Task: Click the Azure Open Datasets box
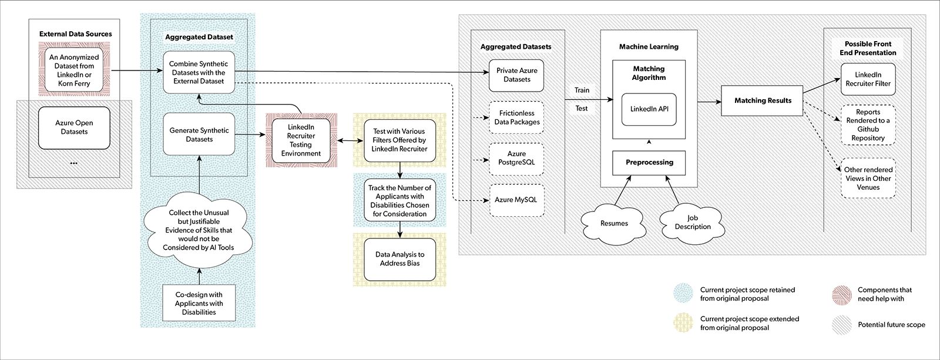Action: (x=74, y=127)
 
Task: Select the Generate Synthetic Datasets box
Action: (x=199, y=134)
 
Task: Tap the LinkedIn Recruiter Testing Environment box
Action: (x=301, y=140)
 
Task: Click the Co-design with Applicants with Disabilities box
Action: (x=199, y=303)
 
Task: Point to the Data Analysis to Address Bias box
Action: (x=399, y=259)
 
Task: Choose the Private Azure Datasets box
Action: (x=516, y=75)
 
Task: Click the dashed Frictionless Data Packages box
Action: (x=516, y=117)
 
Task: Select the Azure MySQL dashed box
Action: (x=516, y=200)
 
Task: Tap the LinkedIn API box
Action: (x=649, y=109)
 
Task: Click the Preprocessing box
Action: (x=649, y=163)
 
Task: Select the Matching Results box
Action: (x=763, y=100)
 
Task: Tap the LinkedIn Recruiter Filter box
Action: (x=868, y=79)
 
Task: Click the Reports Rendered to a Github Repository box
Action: (x=868, y=125)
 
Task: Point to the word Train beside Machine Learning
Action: (x=582, y=90)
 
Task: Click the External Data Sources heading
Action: (x=75, y=34)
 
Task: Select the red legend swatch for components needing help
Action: (x=841, y=295)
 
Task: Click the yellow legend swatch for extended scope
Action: (x=683, y=323)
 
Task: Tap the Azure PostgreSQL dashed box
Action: (x=516, y=158)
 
